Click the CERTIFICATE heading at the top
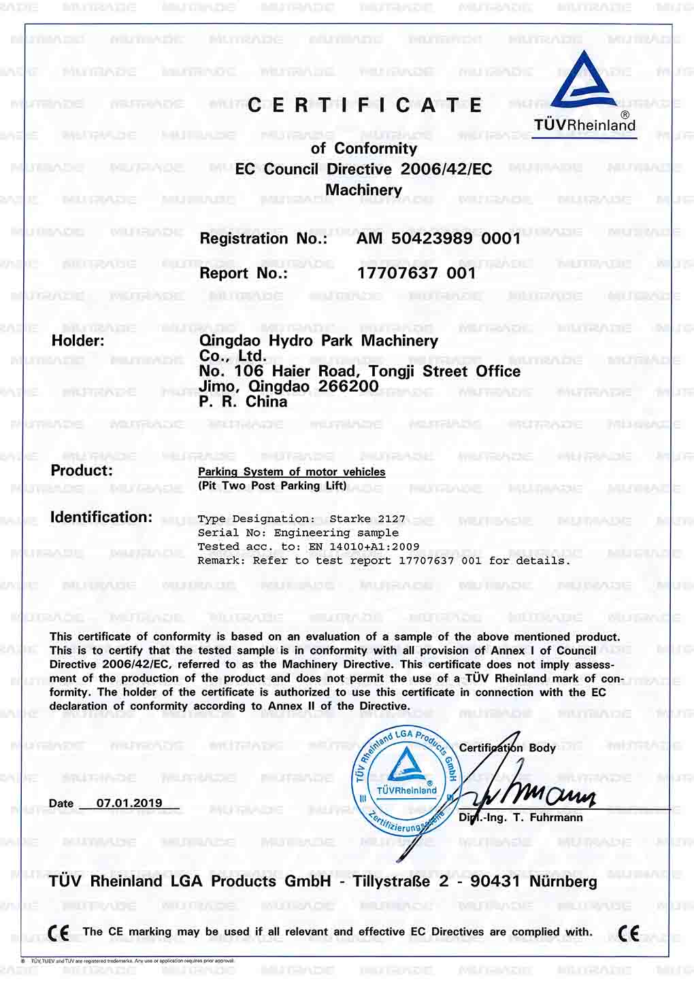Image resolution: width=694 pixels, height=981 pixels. [365, 105]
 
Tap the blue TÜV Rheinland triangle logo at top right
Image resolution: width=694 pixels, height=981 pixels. [584, 82]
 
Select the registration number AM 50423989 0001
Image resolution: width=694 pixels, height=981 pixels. [438, 239]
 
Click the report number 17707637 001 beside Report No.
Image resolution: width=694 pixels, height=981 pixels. [416, 273]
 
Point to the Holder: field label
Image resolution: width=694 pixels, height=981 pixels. [78, 341]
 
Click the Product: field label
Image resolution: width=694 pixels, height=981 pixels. [82, 470]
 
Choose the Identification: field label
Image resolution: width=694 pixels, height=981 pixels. [101, 517]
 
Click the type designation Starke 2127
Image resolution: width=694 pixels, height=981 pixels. [367, 519]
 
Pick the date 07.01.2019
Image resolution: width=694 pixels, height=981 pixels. [129, 803]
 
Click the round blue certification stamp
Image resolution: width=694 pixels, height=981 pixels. [407, 778]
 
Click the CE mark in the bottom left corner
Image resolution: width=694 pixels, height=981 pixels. [59, 933]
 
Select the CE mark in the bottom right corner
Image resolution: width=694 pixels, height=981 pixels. [629, 933]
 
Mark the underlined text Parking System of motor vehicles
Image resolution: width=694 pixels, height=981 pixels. [291, 472]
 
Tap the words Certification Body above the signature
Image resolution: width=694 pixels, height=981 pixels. [508, 748]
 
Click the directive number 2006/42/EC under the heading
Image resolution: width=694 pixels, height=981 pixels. [446, 169]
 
